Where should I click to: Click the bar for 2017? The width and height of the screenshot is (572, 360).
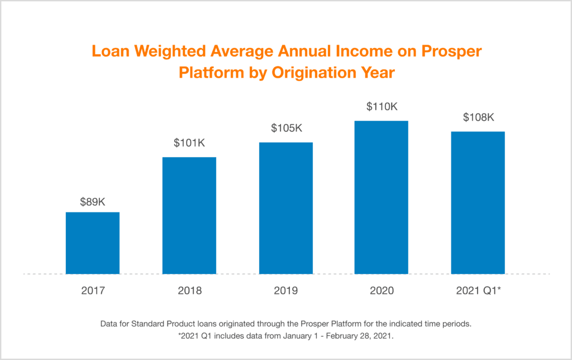point(93,243)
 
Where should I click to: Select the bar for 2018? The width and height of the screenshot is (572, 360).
point(189,216)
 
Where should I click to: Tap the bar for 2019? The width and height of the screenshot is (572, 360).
point(285,208)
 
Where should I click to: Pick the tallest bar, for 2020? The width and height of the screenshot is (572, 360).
point(382,197)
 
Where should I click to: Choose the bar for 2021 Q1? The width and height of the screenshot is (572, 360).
point(478,203)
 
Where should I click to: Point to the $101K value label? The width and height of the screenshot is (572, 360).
point(189,143)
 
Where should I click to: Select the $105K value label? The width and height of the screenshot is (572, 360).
point(286,128)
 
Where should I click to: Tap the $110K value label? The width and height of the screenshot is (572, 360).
point(382,106)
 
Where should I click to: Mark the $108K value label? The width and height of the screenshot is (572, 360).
point(479,117)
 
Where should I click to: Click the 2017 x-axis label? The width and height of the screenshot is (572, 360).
point(93,291)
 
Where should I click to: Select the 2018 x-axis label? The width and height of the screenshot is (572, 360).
point(189,291)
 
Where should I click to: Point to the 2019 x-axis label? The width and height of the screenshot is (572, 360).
point(286,291)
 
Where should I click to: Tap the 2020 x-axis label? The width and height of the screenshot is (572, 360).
point(382,291)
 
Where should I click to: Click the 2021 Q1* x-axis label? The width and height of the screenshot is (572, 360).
point(479,291)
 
